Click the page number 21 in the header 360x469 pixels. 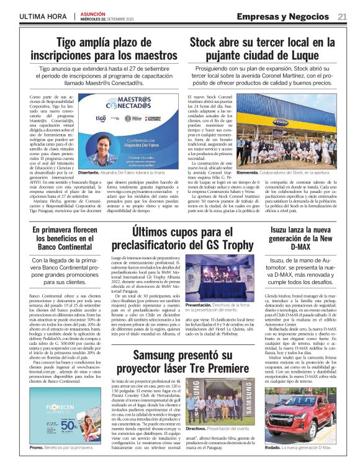click(x=342, y=17)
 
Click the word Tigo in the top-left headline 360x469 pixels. click(x=70, y=43)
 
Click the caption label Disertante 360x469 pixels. click(x=89, y=173)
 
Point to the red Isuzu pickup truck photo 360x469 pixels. click(x=297, y=416)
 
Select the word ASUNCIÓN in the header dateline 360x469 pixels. click(x=94, y=13)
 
